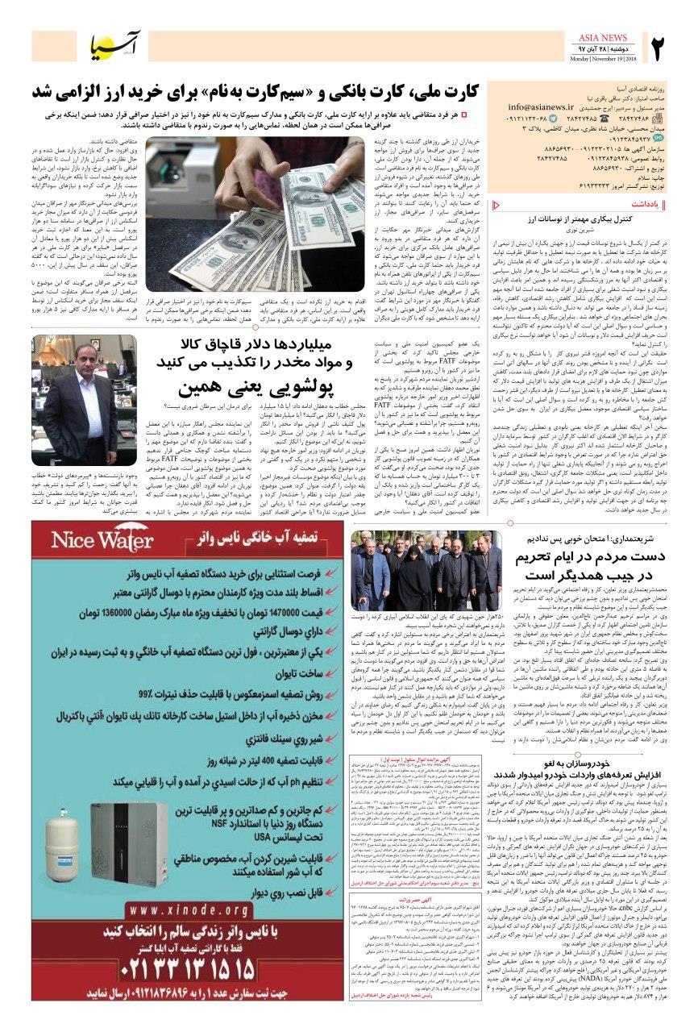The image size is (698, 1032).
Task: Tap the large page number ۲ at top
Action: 673,49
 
